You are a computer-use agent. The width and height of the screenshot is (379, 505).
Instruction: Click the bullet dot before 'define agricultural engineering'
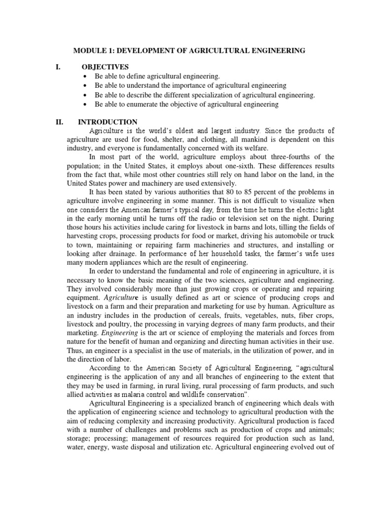coord(86,76)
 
